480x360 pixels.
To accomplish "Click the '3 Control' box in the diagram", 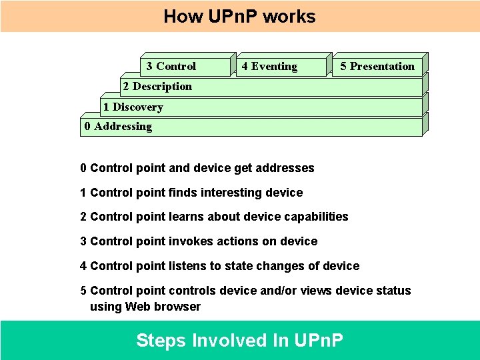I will [171, 66].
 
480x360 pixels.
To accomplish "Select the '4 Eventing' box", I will [269, 66].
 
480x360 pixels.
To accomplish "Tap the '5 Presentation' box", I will [377, 66].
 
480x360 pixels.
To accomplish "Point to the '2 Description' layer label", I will [157, 86].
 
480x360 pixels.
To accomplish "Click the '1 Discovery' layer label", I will [133, 107].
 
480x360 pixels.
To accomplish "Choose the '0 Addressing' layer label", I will [118, 126].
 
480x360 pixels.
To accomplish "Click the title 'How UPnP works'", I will [239, 16].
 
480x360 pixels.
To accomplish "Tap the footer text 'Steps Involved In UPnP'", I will [239, 341].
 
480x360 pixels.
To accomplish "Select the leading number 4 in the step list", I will [83, 266].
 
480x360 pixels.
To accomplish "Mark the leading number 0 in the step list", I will [83, 168].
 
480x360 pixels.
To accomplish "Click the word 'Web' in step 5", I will [138, 307].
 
